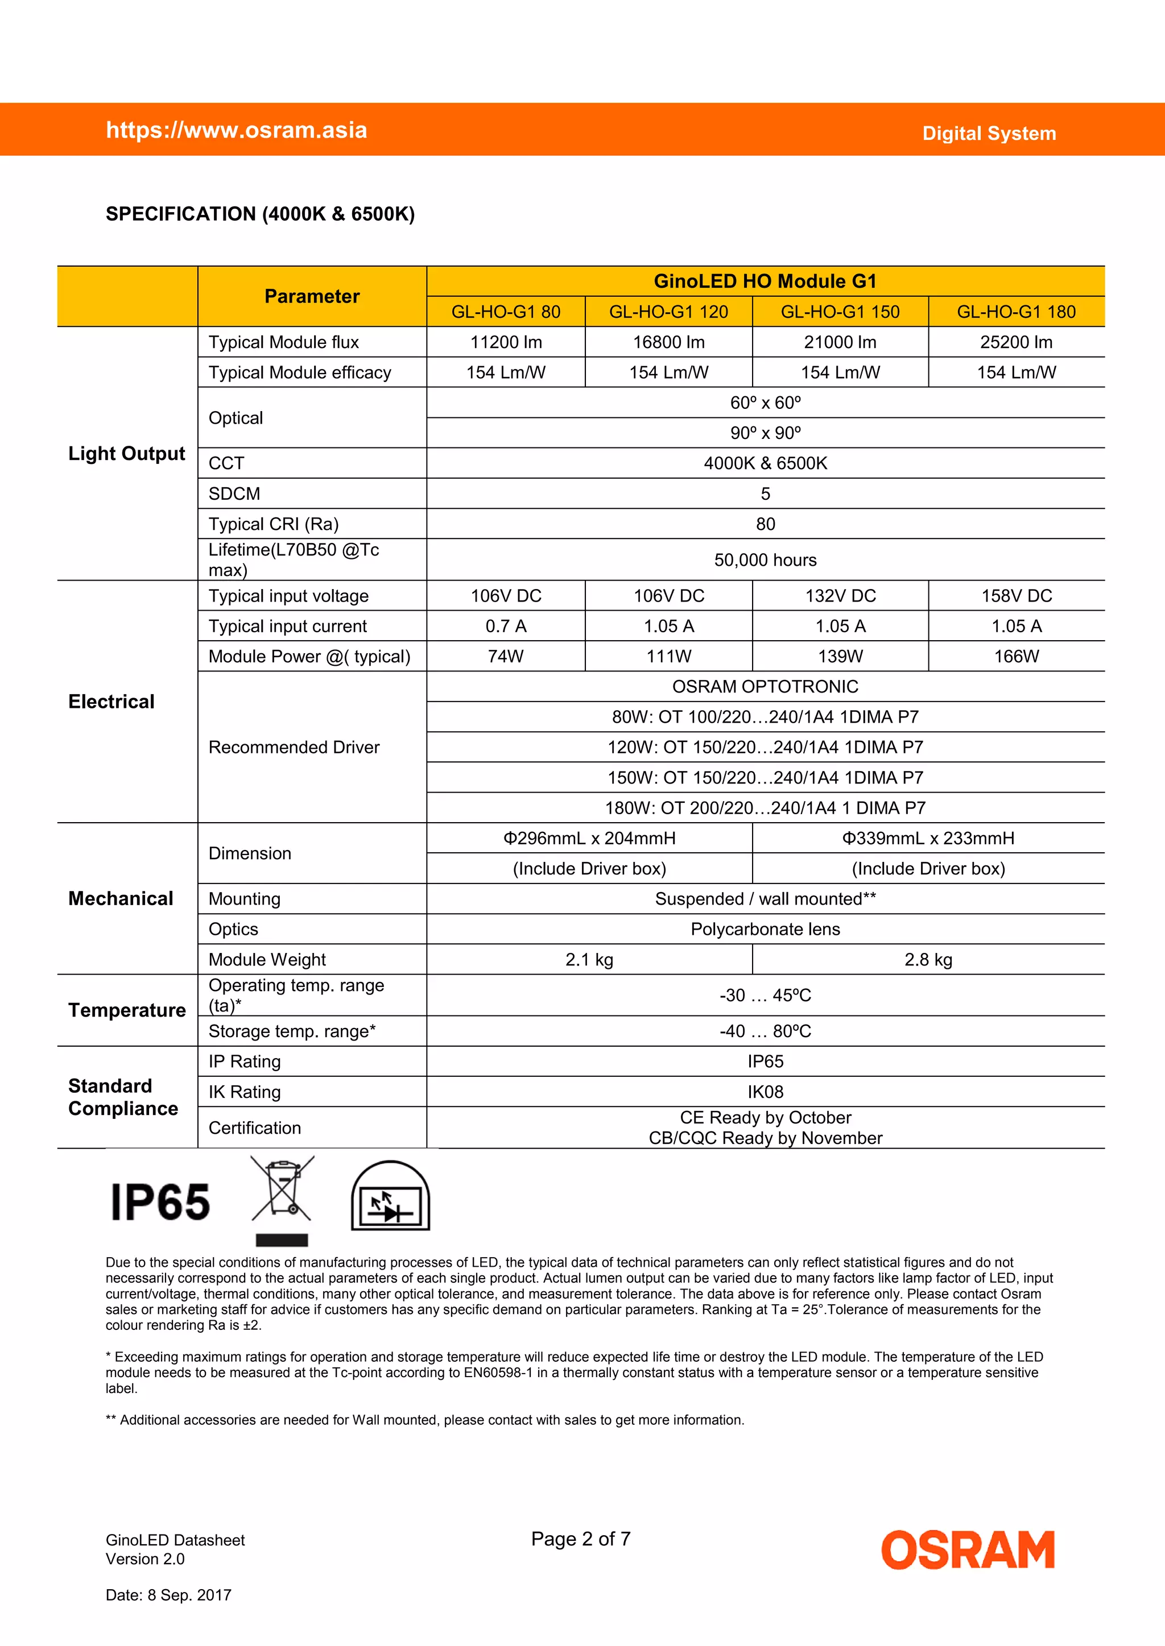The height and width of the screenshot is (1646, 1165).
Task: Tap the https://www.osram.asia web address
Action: coord(237,130)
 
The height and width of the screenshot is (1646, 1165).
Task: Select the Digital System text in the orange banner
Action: coord(989,134)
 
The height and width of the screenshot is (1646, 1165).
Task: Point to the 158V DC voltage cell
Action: coord(1016,596)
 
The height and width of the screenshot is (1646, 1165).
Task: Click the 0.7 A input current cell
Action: coord(506,626)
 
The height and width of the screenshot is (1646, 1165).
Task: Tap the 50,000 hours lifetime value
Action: coord(765,560)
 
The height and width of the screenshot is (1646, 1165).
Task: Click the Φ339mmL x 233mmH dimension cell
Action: coord(928,838)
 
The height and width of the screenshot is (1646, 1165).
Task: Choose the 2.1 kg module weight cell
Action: coord(589,959)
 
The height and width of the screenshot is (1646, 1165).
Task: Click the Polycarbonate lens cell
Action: coord(765,929)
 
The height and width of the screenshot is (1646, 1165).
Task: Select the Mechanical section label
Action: coord(121,898)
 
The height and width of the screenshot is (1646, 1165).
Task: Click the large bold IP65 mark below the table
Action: coord(160,1203)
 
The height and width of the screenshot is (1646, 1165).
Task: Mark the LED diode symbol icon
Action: coord(390,1196)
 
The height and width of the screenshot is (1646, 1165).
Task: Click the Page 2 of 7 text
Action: coord(580,1539)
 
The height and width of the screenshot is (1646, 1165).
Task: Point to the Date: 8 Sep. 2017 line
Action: coord(168,1595)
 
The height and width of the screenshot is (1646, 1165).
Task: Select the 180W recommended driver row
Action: coord(765,808)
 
